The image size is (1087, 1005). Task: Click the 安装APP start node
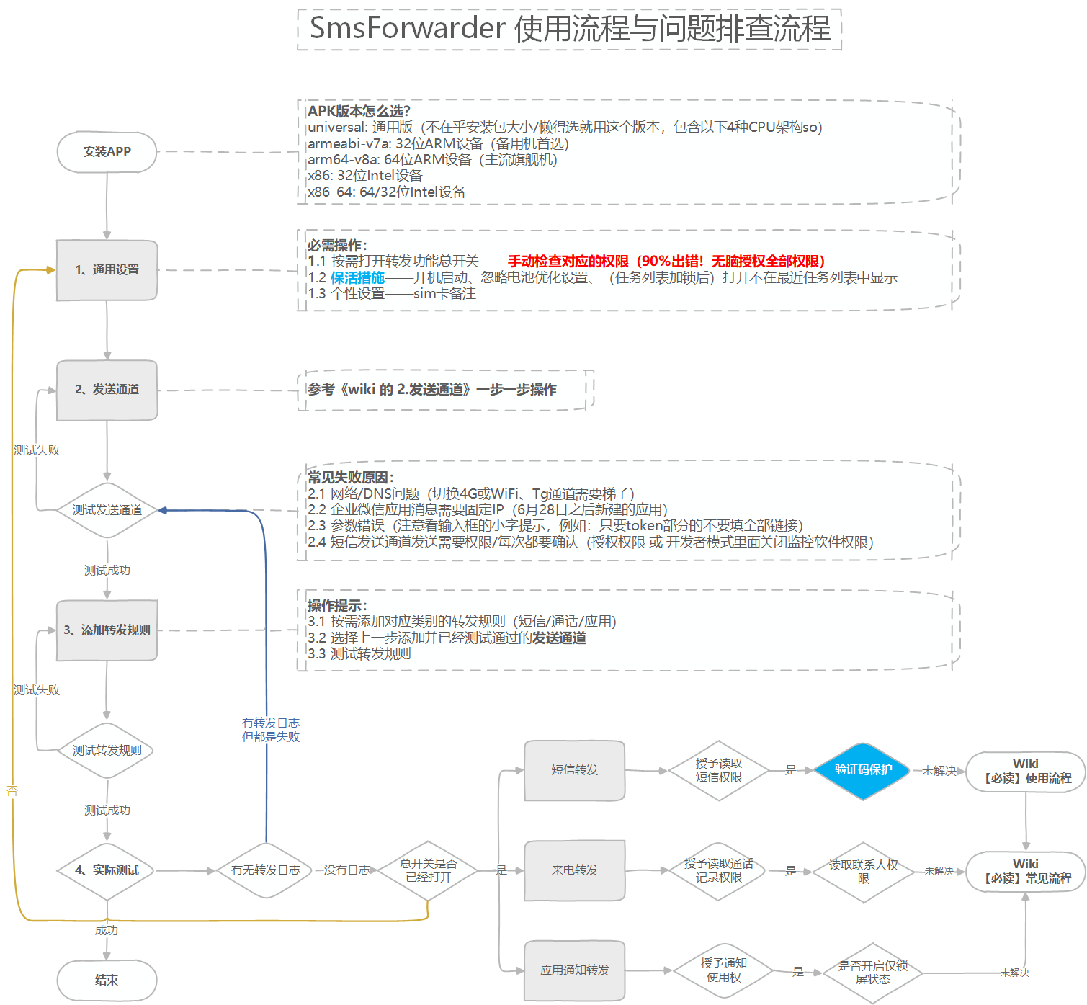point(107,152)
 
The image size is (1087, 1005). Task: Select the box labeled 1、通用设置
point(107,270)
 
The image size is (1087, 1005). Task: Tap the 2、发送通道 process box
point(107,390)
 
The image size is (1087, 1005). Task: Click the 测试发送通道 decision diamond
point(107,510)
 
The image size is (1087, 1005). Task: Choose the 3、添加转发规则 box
point(107,630)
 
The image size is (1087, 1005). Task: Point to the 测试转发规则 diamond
point(107,751)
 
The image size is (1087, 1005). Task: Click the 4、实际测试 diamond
point(107,870)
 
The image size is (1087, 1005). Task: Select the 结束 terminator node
point(107,981)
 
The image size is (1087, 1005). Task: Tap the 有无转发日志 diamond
point(266,870)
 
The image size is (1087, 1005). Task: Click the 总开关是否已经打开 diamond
point(429,870)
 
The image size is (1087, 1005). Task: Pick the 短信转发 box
point(574,770)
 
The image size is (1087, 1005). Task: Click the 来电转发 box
point(574,870)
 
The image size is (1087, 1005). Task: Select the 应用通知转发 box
point(574,970)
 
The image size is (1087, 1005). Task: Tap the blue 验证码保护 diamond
point(863,770)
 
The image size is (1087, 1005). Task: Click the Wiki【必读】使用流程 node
point(1026,772)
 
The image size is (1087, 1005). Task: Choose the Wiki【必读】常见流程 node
point(1026,872)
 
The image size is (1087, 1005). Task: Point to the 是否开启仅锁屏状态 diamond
point(872,973)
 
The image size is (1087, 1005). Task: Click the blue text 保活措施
point(357,278)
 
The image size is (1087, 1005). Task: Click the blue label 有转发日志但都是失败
point(271,730)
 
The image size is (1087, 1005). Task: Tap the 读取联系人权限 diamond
point(863,872)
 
